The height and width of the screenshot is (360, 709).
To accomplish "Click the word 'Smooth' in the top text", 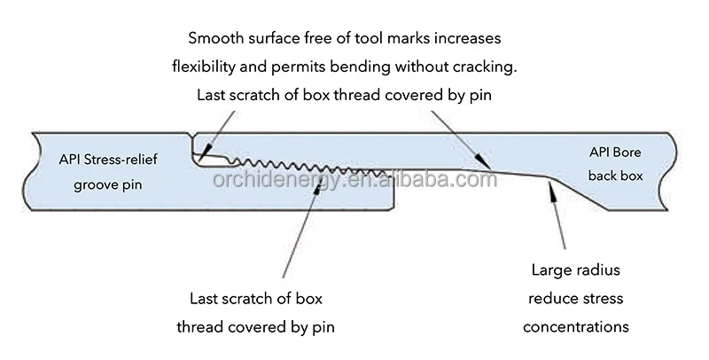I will (x=214, y=39).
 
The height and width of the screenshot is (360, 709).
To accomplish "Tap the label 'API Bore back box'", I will (x=614, y=164).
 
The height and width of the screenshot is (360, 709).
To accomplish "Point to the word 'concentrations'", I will (x=576, y=327).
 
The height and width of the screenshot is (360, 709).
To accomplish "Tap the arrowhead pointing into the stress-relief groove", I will (x=201, y=160).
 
